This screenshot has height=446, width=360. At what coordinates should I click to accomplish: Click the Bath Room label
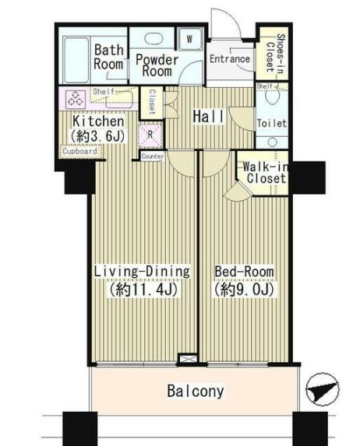pyautogui.click(x=108, y=57)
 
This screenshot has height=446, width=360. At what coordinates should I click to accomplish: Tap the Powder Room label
pyautogui.click(x=157, y=65)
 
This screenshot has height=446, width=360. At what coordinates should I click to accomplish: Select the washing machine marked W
pyautogui.click(x=190, y=39)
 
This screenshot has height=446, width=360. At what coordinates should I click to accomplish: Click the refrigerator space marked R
pyautogui.click(x=150, y=135)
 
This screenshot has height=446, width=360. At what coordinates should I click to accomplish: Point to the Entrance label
pyautogui.click(x=230, y=59)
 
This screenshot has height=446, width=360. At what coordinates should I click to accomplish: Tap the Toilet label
pyautogui.click(x=272, y=124)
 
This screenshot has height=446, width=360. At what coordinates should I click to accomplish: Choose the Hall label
pyautogui.click(x=209, y=116)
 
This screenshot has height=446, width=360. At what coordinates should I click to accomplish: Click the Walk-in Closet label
pyautogui.click(x=265, y=172)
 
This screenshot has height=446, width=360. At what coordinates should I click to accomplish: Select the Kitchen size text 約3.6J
pyautogui.click(x=98, y=136)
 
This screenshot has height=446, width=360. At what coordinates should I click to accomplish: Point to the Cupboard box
pyautogui.click(x=79, y=152)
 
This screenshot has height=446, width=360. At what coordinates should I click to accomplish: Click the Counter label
pyautogui.click(x=153, y=156)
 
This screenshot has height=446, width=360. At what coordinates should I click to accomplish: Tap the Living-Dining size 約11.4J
pyautogui.click(x=143, y=290)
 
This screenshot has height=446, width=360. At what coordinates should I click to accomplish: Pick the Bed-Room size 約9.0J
pyautogui.click(x=244, y=290)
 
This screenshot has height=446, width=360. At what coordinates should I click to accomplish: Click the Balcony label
pyautogui.click(x=196, y=391)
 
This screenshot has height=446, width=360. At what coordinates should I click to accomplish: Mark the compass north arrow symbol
pyautogui.click(x=322, y=389)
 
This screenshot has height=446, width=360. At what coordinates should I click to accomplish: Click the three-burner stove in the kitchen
pyautogui.click(x=76, y=98)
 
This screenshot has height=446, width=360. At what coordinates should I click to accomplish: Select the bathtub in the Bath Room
pyautogui.click(x=76, y=60)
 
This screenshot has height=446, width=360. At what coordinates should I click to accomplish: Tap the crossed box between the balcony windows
pyautogui.click(x=187, y=359)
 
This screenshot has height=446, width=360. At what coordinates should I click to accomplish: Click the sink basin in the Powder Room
pyautogui.click(x=154, y=39)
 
